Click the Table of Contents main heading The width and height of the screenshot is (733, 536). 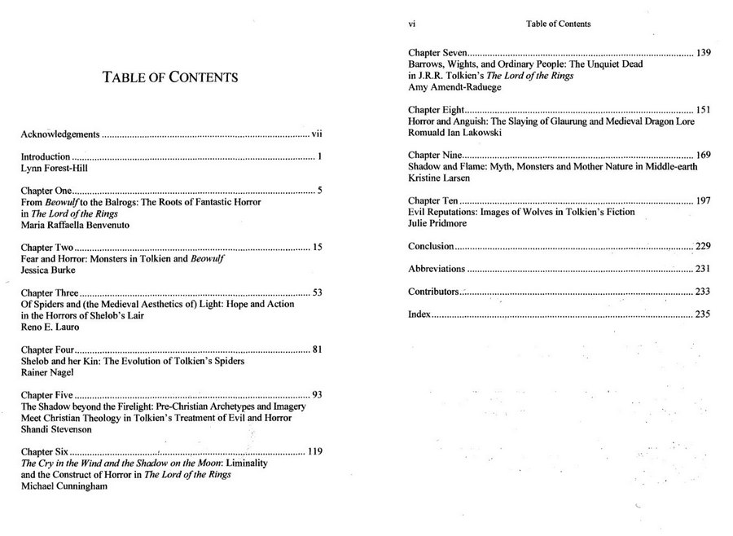(x=170, y=78)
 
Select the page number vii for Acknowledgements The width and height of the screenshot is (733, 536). (x=318, y=133)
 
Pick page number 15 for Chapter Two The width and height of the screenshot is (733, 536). (x=318, y=247)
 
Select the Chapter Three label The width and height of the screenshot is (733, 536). (x=50, y=292)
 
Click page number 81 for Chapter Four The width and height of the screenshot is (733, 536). (x=318, y=350)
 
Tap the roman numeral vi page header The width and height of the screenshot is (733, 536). (x=411, y=24)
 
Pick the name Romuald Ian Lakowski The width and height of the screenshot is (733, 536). (x=454, y=132)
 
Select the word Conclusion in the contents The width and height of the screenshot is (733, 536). (x=430, y=246)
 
